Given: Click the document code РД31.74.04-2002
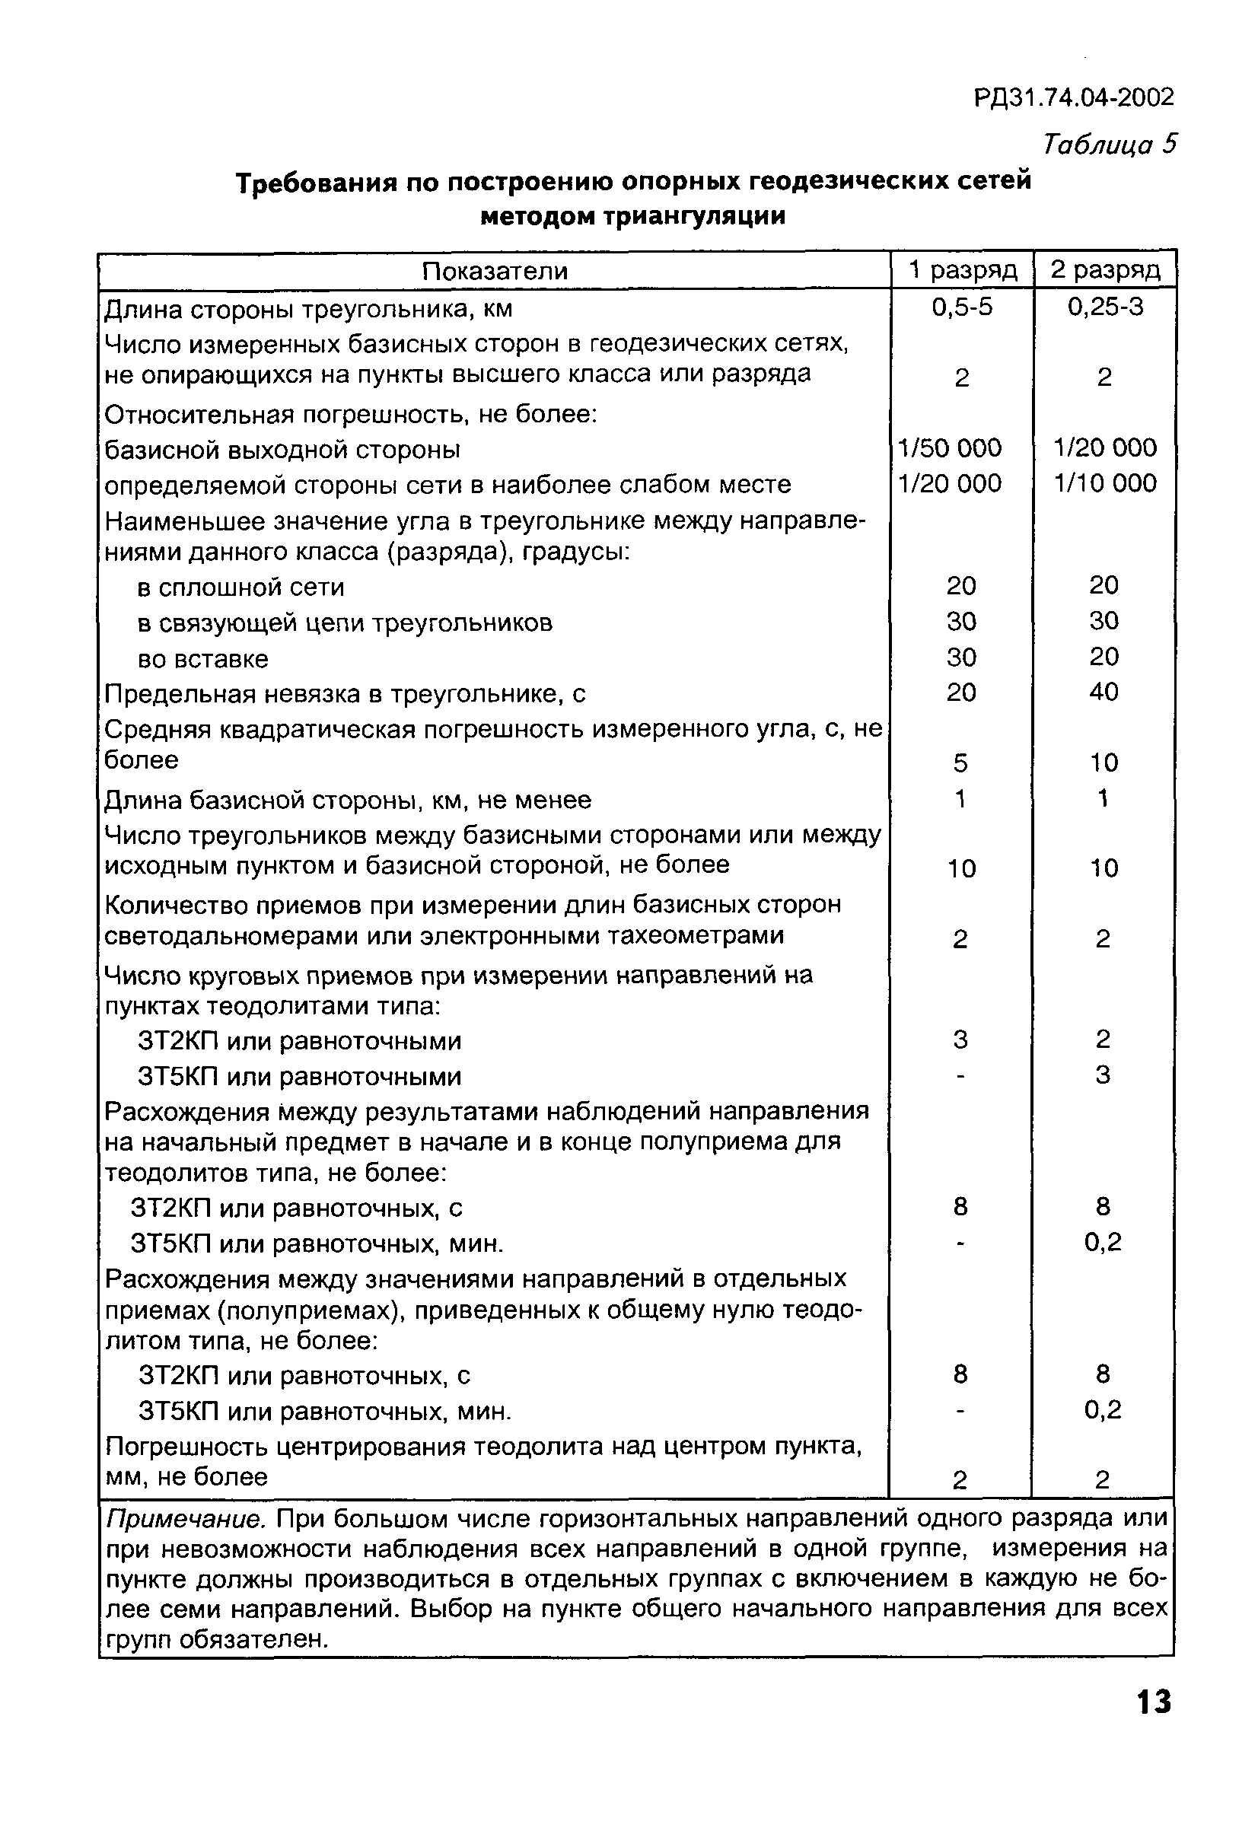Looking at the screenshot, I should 1074,98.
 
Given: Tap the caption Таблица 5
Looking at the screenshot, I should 1110,145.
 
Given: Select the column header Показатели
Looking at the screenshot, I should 494,272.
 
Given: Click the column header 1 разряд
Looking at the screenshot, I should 962,271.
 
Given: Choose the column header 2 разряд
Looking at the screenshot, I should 1105,271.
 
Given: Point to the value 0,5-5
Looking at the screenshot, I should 961,307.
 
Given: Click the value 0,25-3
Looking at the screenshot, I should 1105,307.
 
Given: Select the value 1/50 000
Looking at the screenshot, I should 951,448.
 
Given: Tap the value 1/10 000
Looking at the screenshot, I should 1105,483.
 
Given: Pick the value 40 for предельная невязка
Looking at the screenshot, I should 1104,692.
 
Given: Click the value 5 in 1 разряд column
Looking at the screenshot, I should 960,763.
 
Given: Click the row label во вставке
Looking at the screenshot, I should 203,659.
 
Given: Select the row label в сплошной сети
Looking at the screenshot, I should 240,587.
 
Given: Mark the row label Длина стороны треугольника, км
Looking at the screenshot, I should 308,308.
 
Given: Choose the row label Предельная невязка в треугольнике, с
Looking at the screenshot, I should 346,695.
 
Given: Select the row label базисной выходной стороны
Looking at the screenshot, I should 282,450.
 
